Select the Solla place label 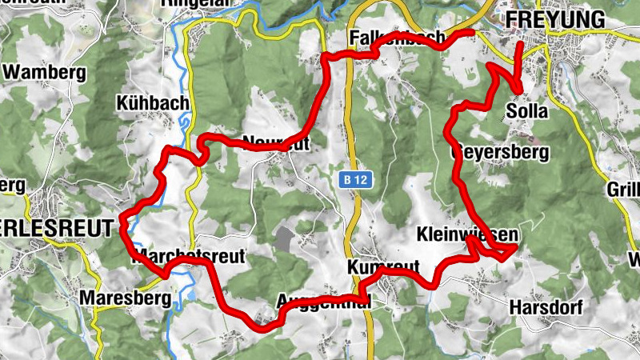pyautogui.click(x=528, y=111)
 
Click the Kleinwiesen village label pyautogui.click(x=467, y=235)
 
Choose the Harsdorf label pyautogui.click(x=546, y=307)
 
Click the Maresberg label pyautogui.click(x=126, y=299)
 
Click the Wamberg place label pyautogui.click(x=45, y=72)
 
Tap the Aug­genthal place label pyautogui.click(x=323, y=302)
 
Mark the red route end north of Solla pyautogui.click(x=520, y=44)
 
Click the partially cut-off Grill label pyautogui.click(x=623, y=190)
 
